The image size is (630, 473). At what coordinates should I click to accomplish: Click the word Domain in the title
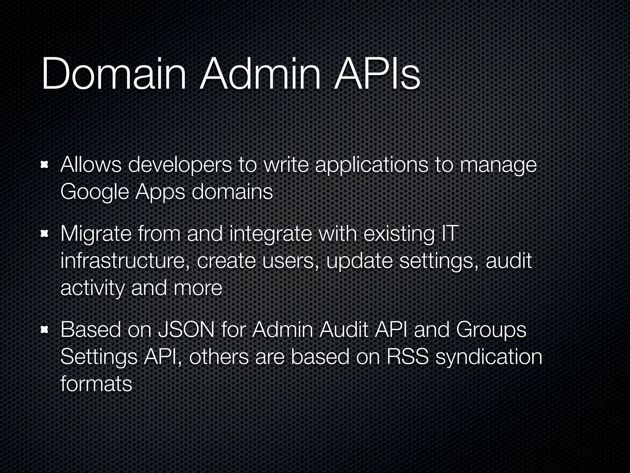(x=114, y=74)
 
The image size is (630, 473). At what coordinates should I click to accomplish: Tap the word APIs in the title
(x=377, y=74)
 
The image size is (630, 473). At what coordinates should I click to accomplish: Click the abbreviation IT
(x=449, y=233)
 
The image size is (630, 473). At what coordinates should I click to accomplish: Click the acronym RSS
(x=407, y=357)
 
